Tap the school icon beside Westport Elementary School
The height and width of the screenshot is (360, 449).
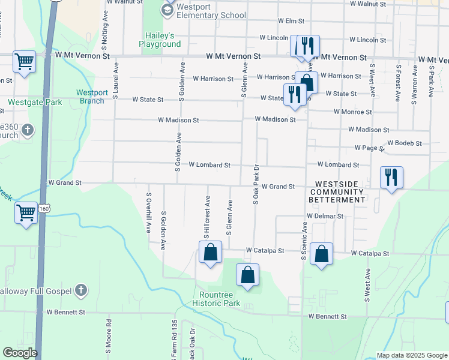(x=166, y=8)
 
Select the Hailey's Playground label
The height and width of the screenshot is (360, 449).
(x=160, y=40)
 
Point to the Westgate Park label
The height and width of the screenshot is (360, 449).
(x=35, y=102)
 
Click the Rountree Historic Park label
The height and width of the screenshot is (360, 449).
(x=220, y=298)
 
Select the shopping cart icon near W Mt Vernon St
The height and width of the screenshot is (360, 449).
(x=25, y=61)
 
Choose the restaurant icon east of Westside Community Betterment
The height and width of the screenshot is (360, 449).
(x=391, y=178)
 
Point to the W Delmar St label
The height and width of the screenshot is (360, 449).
(x=324, y=215)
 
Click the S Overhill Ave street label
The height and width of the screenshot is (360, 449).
(x=148, y=212)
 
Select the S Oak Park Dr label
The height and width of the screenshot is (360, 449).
(x=256, y=184)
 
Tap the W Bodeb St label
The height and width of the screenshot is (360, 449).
(x=405, y=143)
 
